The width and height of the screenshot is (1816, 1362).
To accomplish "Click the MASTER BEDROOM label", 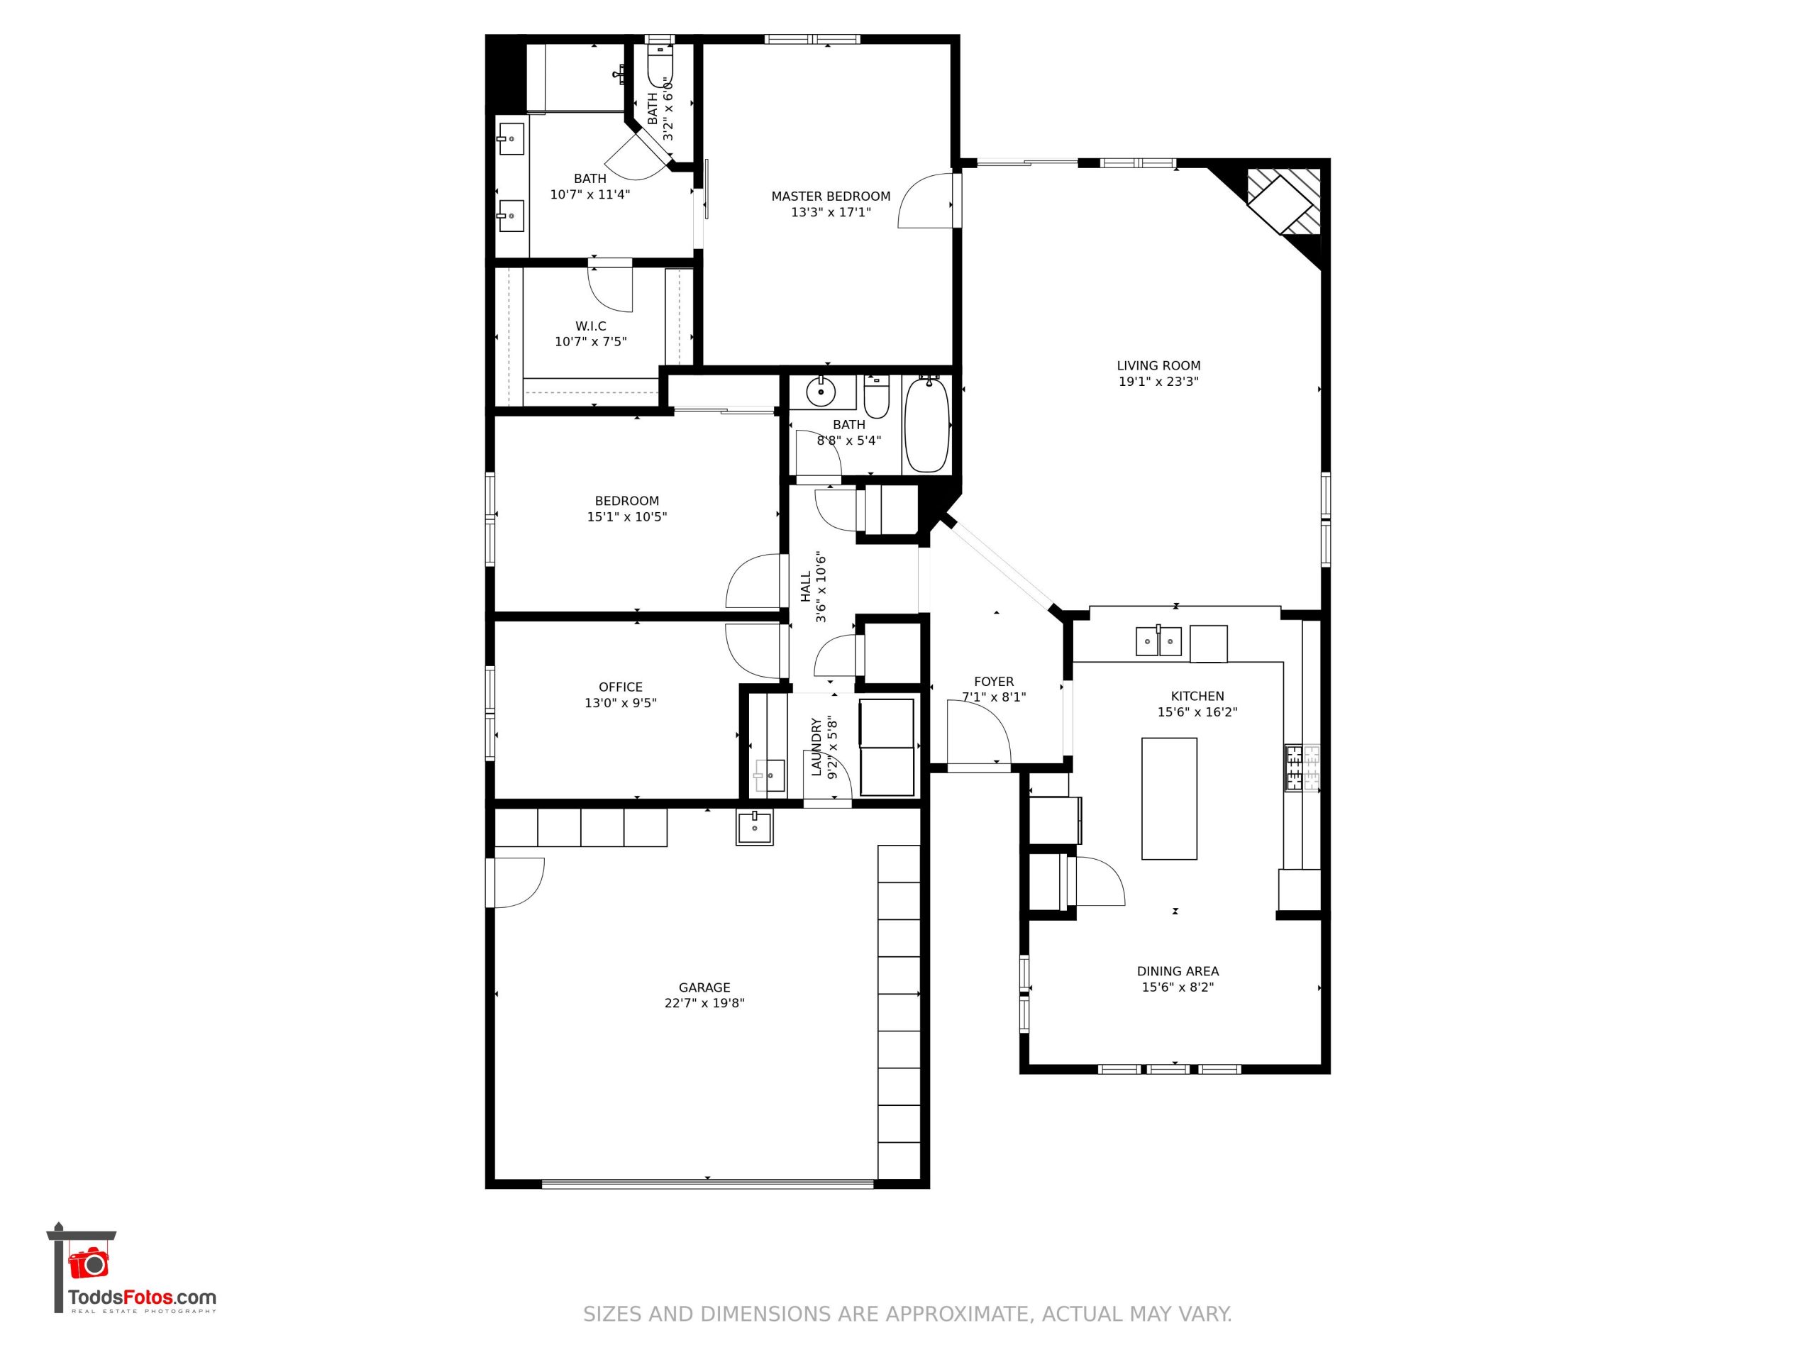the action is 831,196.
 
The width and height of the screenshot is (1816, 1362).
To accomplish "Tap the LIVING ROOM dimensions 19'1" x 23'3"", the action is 1158,382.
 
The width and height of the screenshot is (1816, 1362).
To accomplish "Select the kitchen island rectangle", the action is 1169,799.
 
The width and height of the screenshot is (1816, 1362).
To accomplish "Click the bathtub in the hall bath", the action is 928,425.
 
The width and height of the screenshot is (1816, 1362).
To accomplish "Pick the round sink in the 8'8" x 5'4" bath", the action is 820,392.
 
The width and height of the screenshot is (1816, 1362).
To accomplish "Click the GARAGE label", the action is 704,987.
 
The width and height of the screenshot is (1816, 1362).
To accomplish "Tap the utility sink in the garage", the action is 755,828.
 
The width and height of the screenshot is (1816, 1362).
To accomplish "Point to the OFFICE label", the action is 621,687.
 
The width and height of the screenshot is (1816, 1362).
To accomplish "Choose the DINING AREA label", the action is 1178,971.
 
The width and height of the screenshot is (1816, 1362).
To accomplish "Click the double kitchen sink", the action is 1158,641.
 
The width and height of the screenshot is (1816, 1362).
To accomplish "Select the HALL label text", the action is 805,586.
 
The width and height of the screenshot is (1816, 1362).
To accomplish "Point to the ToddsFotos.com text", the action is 142,1297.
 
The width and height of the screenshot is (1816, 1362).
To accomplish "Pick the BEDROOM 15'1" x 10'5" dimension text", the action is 626,517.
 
